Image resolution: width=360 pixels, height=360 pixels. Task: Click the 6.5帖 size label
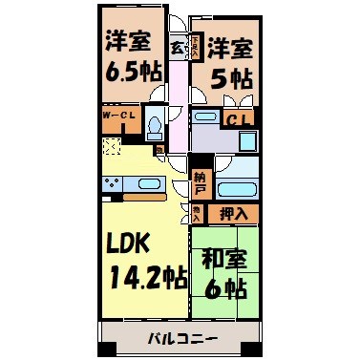point(131,74)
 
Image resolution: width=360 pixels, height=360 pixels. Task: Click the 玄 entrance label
point(178,45)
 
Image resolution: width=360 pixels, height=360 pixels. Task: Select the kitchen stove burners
point(112,181)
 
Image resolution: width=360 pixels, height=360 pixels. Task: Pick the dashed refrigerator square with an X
point(112,145)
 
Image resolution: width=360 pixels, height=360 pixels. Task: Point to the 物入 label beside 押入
point(196,215)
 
